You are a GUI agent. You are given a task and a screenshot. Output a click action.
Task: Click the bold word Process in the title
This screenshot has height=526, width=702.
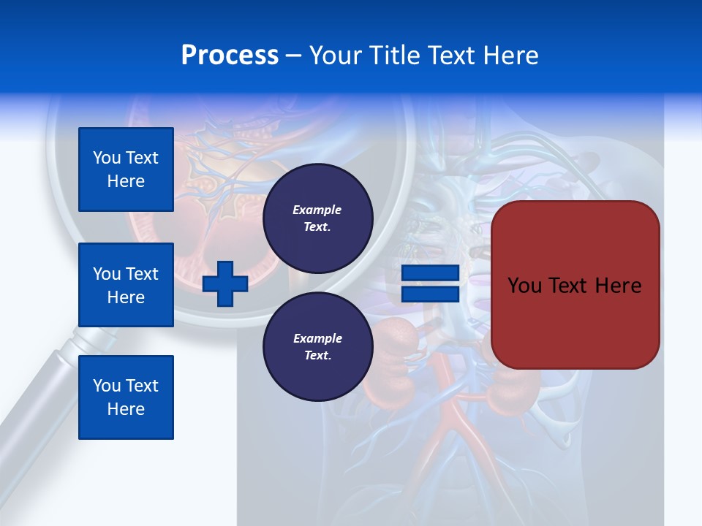click(x=230, y=56)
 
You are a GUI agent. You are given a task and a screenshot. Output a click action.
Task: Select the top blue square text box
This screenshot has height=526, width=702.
click(x=126, y=169)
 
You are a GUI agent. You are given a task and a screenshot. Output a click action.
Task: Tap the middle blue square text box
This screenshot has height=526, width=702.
click(x=126, y=285)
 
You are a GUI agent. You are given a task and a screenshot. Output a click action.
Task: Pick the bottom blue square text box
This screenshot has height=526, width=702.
click(x=126, y=397)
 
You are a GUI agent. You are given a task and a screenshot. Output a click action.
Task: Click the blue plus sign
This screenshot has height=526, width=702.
click(x=225, y=283)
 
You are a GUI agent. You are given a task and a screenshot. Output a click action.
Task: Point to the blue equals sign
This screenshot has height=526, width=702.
click(x=431, y=283)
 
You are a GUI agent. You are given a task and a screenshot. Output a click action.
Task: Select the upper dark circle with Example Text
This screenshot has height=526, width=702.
click(x=317, y=218)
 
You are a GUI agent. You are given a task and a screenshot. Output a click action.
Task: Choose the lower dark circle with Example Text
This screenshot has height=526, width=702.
click(x=317, y=347)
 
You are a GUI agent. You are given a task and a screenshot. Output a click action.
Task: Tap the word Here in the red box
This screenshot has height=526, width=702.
click(x=618, y=286)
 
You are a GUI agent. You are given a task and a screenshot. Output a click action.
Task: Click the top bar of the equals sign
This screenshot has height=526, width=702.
click(x=431, y=273)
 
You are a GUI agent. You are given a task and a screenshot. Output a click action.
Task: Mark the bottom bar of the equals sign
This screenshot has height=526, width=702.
click(x=431, y=294)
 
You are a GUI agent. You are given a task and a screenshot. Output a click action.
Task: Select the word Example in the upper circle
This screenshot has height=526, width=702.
click(x=317, y=210)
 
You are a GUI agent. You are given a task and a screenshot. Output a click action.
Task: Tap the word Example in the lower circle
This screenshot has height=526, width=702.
click(x=317, y=338)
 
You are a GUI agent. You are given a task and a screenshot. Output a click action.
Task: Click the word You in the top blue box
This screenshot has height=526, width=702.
click(x=105, y=158)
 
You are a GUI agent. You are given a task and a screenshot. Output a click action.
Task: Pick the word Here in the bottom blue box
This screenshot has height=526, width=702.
click(x=126, y=409)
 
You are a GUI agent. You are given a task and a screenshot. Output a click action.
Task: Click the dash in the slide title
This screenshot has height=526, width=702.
click(x=294, y=56)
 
